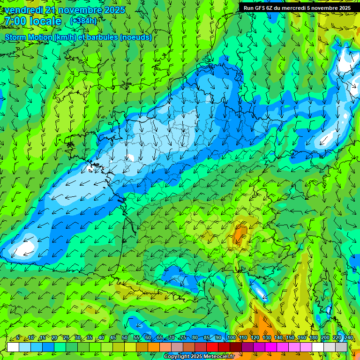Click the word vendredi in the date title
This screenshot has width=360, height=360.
pyautogui.click(x=24, y=10)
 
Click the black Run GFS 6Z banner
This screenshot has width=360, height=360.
pyautogui.click(x=297, y=7)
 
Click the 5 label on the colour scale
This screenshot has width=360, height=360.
pyautogui.click(x=18, y=338)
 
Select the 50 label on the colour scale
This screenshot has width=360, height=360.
pyautogui.click(x=124, y=338)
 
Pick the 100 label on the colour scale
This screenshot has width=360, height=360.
pyautogui.click(x=231, y=338)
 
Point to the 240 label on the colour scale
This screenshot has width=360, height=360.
pyautogui.click(x=348, y=338)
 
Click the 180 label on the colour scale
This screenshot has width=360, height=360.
pyautogui.click(x=313, y=338)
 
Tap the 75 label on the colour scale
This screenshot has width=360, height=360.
pyautogui.click(x=183, y=338)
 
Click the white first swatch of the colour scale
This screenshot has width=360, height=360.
pyautogui.click(x=13, y=347)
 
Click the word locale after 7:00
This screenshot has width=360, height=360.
pyautogui.click(x=45, y=21)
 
